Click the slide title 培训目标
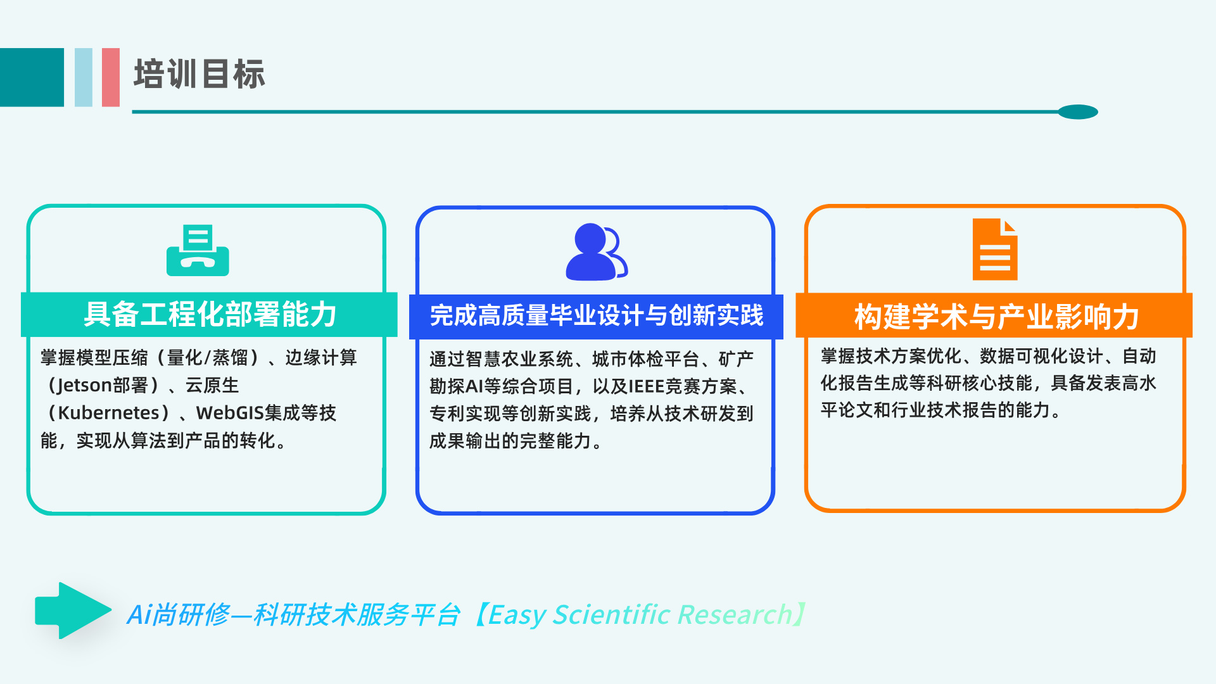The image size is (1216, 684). point(199,74)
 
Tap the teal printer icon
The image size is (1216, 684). point(198,251)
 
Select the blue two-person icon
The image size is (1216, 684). point(597,251)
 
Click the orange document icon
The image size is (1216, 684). point(995,249)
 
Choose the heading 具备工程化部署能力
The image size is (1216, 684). point(210,315)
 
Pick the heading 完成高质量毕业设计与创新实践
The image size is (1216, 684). point(597,315)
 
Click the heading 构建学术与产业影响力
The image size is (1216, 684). point(996,317)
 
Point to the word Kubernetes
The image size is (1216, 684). point(109,413)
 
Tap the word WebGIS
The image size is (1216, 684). point(230,413)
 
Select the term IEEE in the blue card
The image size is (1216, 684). point(646,386)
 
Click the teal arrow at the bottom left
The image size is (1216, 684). point(73,611)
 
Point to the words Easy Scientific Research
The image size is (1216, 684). point(640,615)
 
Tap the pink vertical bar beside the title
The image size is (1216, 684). point(111,77)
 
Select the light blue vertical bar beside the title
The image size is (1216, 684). point(84,77)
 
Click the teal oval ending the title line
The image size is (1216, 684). point(1078,112)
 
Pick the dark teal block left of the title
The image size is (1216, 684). point(32,77)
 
